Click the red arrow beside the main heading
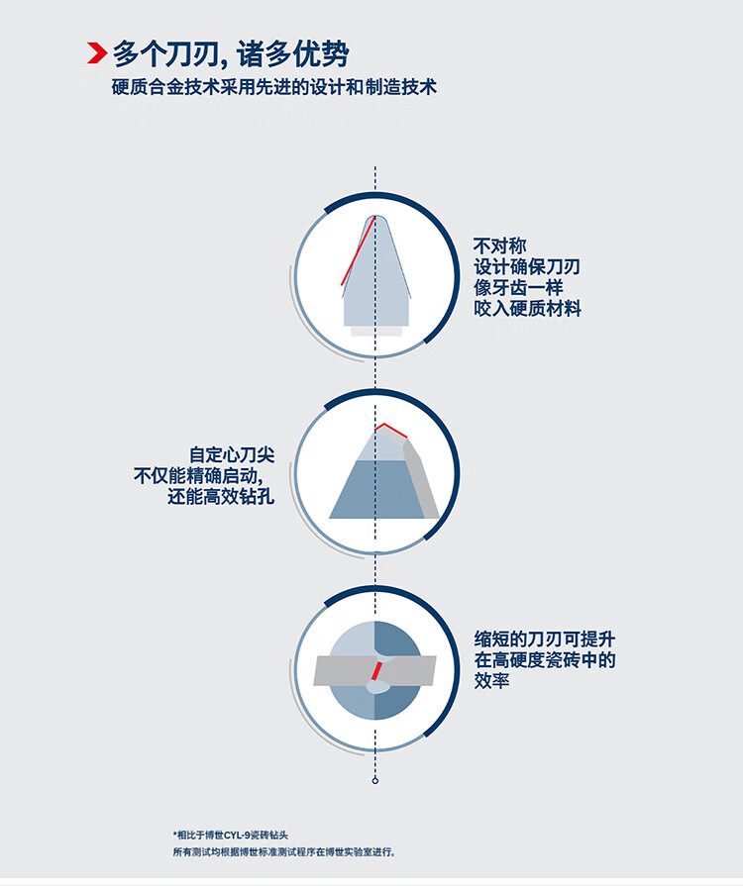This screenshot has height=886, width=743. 97,53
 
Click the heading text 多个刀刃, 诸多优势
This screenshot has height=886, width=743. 231,54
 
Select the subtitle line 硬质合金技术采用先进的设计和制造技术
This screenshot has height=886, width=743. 274,87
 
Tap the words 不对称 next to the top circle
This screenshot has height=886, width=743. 500,246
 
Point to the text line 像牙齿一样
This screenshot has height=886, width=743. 518,288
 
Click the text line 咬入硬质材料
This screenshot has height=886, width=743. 528,309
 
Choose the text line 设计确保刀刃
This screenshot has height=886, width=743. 527,266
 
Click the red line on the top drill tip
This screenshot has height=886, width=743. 358,250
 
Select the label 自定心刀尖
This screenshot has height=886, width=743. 232,454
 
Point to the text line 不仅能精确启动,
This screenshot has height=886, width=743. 198,476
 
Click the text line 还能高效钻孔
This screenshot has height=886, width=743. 221,497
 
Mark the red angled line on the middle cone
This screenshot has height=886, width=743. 390,430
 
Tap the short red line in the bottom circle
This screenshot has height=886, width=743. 375,671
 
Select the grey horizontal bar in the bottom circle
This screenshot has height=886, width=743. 374,671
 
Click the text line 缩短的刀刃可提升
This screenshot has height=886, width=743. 545,640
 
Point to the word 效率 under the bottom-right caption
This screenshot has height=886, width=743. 491,681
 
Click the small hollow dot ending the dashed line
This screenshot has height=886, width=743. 374,781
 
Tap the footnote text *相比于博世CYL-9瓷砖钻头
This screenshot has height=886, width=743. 231,836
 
